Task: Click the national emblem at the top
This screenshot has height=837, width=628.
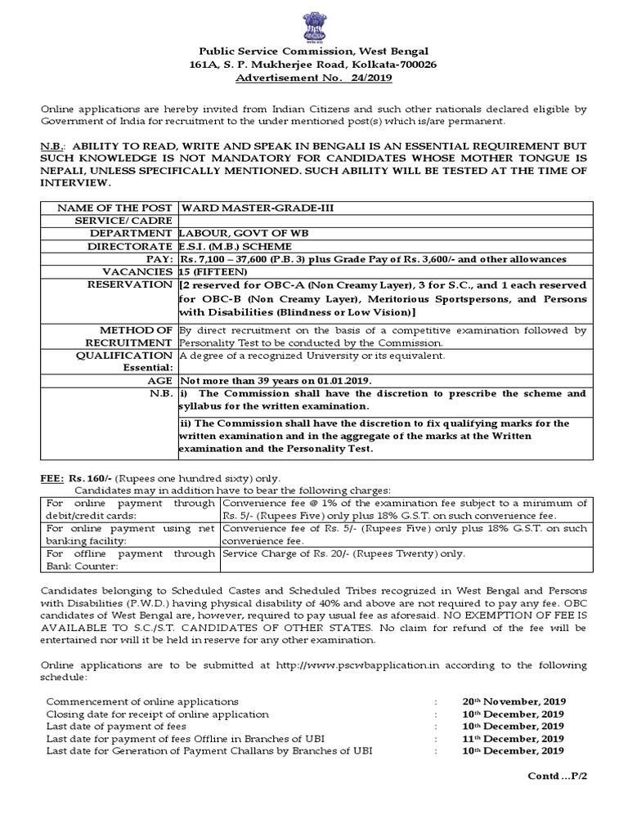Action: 314,25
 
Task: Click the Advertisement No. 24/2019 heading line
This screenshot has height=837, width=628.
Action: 314,78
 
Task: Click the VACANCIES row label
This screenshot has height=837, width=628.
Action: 141,271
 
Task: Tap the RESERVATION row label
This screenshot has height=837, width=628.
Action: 133,284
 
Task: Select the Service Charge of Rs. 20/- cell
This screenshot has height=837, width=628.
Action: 343,553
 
